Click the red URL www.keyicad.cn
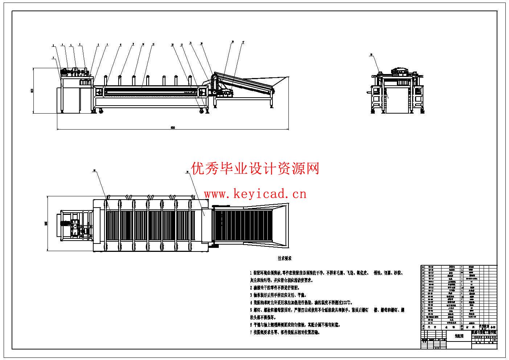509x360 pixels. (x=255, y=194)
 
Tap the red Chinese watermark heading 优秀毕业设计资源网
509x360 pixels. (x=255, y=168)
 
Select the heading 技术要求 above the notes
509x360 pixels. (x=285, y=258)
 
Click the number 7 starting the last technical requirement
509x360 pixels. (x=251, y=332)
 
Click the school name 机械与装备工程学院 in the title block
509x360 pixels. (x=484, y=332)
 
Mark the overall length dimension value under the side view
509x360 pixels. (x=172, y=127)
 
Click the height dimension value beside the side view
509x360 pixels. (x=32, y=90)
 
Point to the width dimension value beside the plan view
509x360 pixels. (x=46, y=224)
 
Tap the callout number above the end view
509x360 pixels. (x=372, y=55)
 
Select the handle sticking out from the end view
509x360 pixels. (x=369, y=92)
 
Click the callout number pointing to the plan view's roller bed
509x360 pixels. (x=94, y=171)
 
